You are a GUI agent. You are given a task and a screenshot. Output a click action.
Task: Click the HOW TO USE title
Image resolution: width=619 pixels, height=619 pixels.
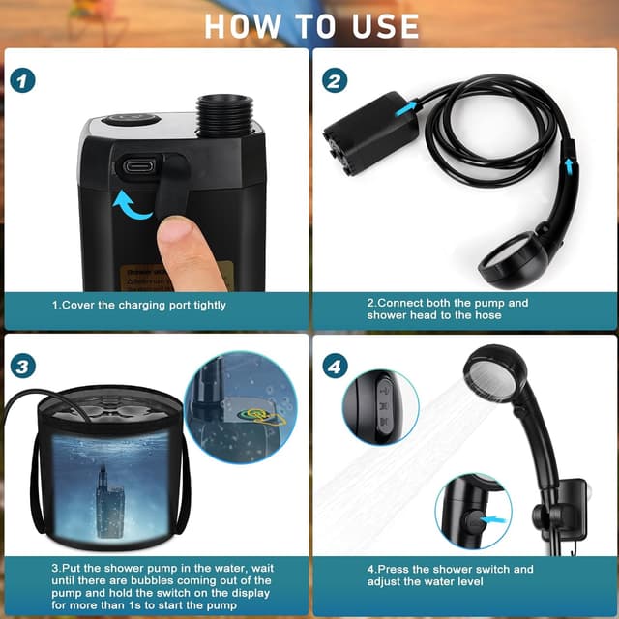point(310,25)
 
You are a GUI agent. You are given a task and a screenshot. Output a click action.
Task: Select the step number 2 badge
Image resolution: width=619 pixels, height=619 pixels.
point(335,80)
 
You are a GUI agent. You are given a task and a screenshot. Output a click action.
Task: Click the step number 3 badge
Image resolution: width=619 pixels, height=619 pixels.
point(24,367)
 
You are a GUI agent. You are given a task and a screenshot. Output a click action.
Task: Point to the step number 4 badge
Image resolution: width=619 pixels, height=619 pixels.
point(335,367)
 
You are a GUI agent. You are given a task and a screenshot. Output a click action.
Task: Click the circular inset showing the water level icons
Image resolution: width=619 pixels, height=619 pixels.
point(380,407)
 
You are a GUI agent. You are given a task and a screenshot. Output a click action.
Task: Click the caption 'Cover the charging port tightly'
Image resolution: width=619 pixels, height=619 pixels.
point(139,305)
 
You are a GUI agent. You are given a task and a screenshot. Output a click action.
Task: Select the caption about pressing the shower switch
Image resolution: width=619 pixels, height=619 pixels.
point(451,575)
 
